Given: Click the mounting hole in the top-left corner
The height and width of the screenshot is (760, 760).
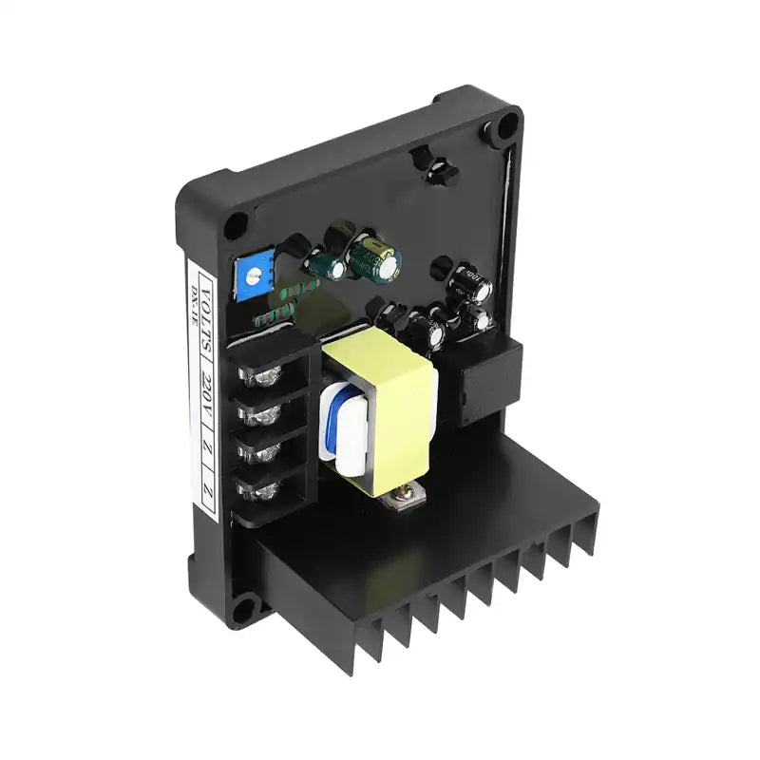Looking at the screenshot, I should tap(236, 224).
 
